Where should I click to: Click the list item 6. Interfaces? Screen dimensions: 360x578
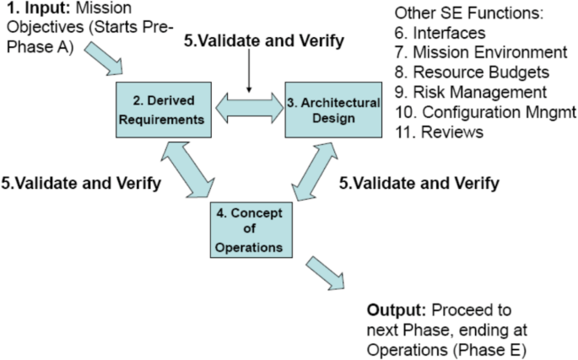tap(440, 33)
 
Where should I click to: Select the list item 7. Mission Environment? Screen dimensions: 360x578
tap(478, 51)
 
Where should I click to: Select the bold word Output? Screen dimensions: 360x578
tap(395, 310)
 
